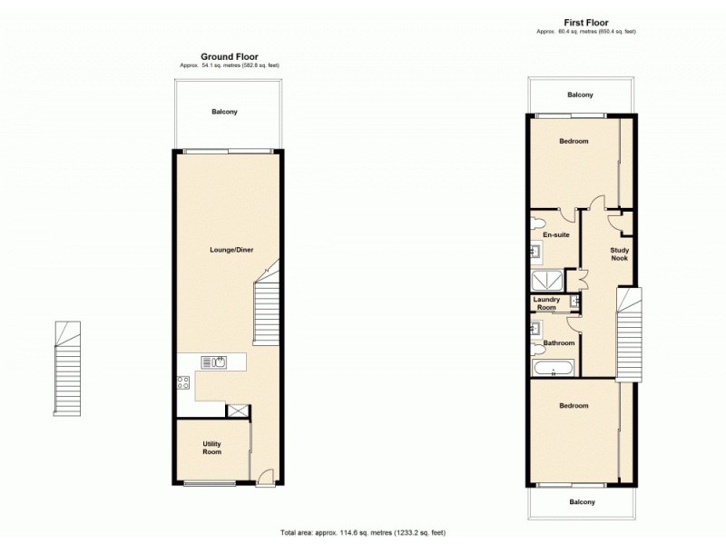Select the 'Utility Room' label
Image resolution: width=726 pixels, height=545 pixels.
pos(211,448)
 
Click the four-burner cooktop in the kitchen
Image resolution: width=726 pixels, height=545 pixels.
pos(183,382)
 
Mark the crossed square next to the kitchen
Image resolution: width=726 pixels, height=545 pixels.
pos(239,411)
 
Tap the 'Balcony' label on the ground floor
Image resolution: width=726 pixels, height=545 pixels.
pos(224,112)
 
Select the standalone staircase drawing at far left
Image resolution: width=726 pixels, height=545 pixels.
pos(67,369)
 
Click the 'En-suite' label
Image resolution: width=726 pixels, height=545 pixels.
pos(555,235)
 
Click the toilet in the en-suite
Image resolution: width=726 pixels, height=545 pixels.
pos(537,223)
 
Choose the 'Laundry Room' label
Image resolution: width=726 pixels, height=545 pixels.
pos(546,303)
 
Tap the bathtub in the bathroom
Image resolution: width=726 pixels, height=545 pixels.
pos(553,368)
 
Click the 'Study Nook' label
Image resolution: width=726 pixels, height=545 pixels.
pos(620,253)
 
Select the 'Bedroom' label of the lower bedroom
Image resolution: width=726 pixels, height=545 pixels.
pos(574,405)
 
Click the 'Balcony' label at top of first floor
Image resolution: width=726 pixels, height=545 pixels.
pos(580,95)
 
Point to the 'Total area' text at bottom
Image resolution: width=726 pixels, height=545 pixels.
pos(363,532)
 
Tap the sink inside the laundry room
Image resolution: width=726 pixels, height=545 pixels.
pos(574,301)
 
